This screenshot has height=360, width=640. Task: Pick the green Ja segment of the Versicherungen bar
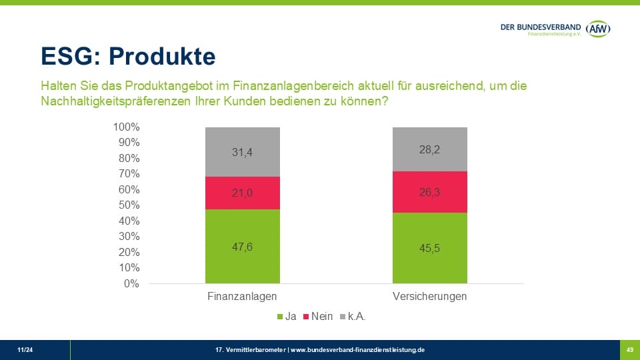pyautogui.click(x=430, y=263)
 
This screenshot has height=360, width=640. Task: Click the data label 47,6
pyautogui.click(x=243, y=247)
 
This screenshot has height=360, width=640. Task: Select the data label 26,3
pyautogui.click(x=430, y=192)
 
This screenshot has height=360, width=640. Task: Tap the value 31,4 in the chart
pyautogui.click(x=243, y=153)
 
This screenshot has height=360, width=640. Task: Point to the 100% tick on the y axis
pyautogui.click(x=126, y=127)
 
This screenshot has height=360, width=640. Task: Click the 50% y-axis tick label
pyautogui.click(x=129, y=205)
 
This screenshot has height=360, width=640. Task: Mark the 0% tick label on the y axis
pyautogui.click(x=131, y=283)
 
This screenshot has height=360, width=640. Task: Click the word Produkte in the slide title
pyautogui.click(x=162, y=57)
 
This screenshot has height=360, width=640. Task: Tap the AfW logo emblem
pyautogui.click(x=597, y=27)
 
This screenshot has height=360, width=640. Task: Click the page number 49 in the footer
pyautogui.click(x=629, y=349)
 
